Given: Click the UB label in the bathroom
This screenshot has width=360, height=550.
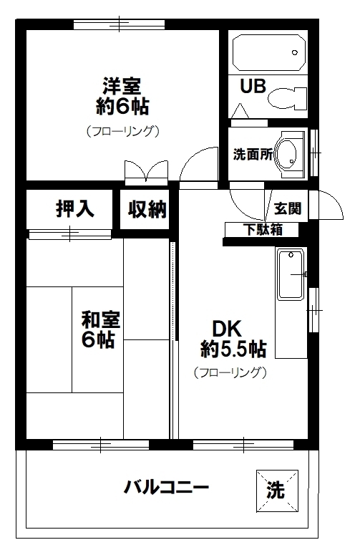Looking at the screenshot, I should [x=253, y=87].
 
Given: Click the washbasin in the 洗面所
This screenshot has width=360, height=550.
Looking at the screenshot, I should [x=290, y=153].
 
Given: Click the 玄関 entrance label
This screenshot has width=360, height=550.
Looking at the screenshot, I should [x=288, y=208].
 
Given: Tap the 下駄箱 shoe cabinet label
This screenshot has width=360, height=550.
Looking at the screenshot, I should [x=262, y=230].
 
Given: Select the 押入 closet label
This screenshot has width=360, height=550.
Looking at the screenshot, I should [x=74, y=208].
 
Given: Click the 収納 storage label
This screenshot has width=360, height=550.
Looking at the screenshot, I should [x=147, y=209].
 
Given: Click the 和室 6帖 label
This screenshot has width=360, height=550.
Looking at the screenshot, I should [x=99, y=329].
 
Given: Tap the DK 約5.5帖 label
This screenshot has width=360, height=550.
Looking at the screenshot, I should [x=233, y=339].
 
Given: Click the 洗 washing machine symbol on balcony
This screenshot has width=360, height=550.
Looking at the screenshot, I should [x=276, y=491].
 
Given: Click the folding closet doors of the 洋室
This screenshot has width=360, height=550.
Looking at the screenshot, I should [x=145, y=173].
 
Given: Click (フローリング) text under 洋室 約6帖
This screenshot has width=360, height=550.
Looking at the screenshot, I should [x=122, y=131].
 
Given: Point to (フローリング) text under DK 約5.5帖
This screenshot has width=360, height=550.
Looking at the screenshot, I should [x=230, y=372].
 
